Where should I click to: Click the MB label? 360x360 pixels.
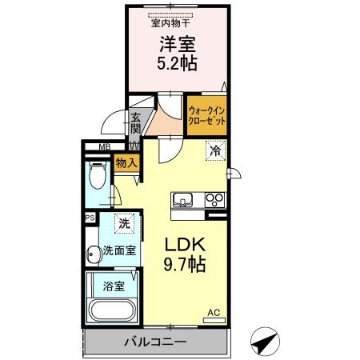(104, 146)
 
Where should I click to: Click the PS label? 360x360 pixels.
(90, 216)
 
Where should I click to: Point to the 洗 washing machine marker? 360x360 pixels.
(124, 222)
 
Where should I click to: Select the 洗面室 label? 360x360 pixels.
(118, 250)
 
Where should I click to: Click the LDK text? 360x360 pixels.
(186, 244)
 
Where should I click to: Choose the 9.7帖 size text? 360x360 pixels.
(186, 264)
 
